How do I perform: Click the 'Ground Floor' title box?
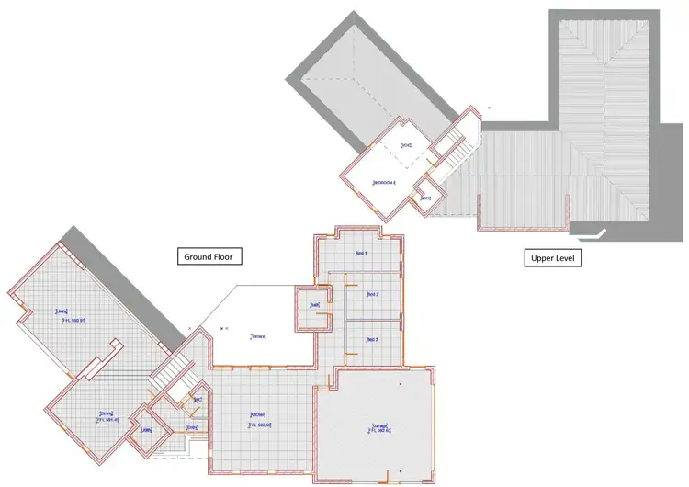click(x=209, y=257)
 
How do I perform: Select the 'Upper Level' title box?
click(x=553, y=258)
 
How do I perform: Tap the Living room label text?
click(x=63, y=311)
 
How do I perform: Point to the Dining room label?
click(x=107, y=413)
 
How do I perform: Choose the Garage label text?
click(x=379, y=424)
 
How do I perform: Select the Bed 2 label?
click(x=372, y=294)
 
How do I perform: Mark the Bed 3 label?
click(x=372, y=340)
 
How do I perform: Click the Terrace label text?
click(x=258, y=336)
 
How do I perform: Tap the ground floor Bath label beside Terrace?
click(x=314, y=305)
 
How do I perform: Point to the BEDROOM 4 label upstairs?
click(x=384, y=182)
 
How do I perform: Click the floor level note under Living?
click(x=73, y=321)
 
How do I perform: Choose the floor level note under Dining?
click(x=107, y=421)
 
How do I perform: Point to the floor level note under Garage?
click(x=379, y=431)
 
